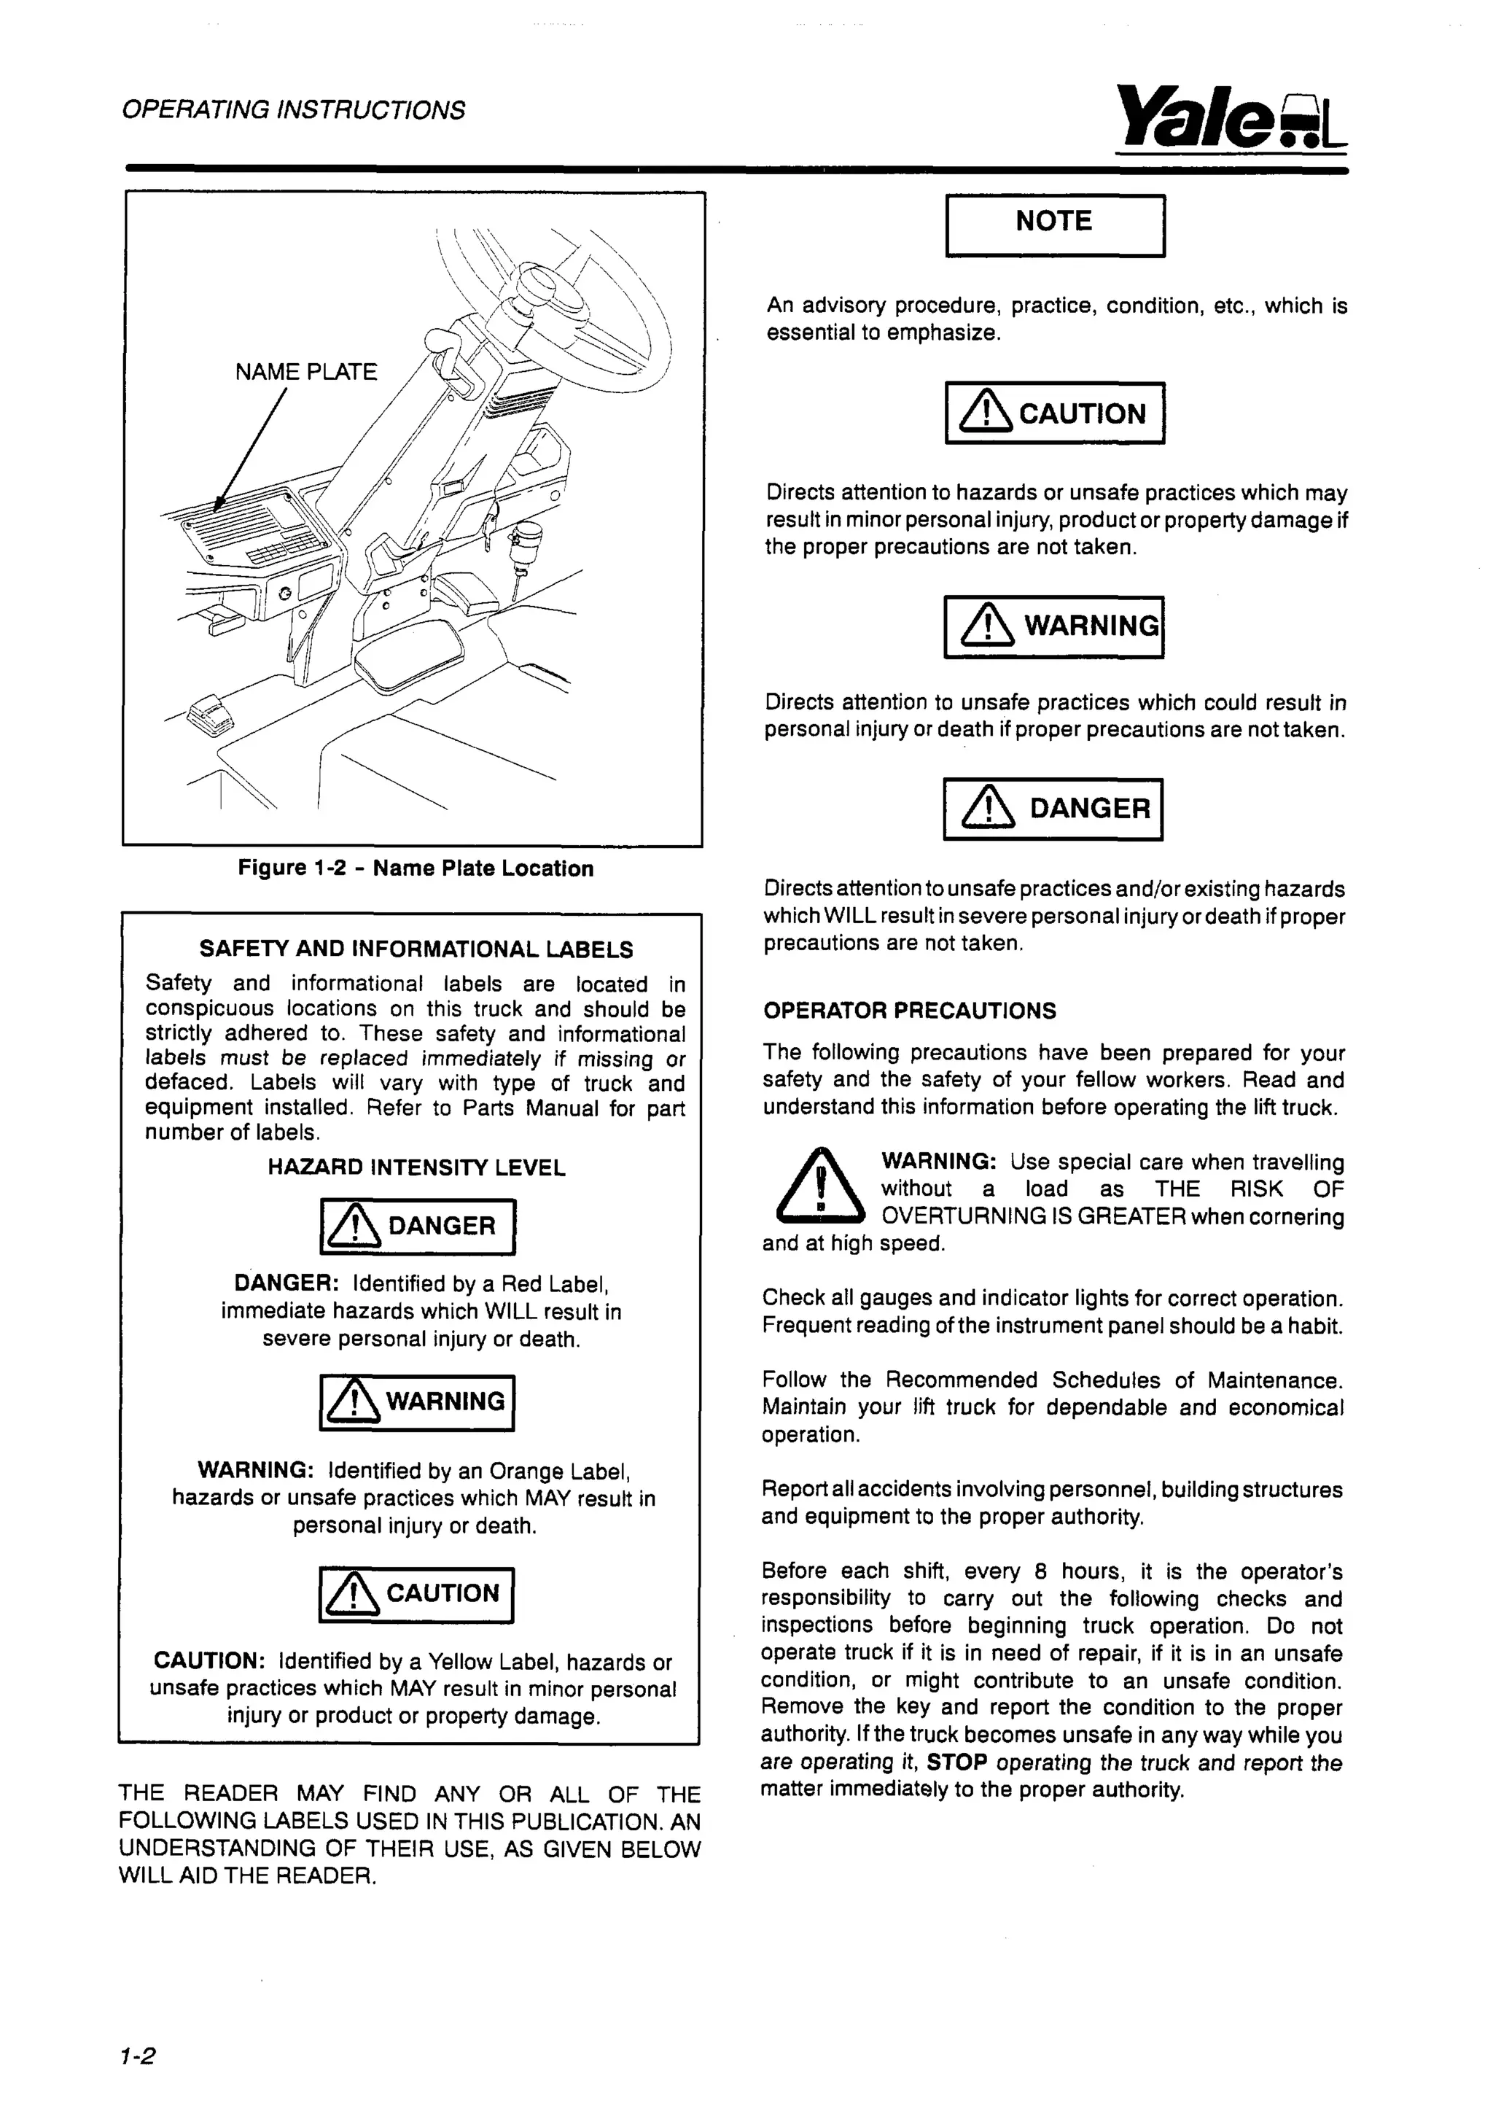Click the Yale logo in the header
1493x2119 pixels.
[x=1230, y=118]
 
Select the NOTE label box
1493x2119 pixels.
[x=1055, y=225]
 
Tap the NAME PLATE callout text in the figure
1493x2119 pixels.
[x=305, y=372]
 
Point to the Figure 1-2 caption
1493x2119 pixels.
[x=416, y=868]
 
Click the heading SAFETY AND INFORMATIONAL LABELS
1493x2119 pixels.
[x=416, y=949]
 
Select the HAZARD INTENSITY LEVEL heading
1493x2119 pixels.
[x=416, y=1167]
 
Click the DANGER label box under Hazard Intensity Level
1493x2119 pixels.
[x=417, y=1226]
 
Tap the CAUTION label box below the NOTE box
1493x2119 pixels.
[x=1055, y=413]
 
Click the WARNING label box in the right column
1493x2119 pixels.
[x=1053, y=626]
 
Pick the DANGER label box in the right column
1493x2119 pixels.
[x=1053, y=809]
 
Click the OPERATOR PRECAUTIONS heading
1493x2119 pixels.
[x=909, y=1011]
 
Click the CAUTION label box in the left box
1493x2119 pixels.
[x=416, y=1595]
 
